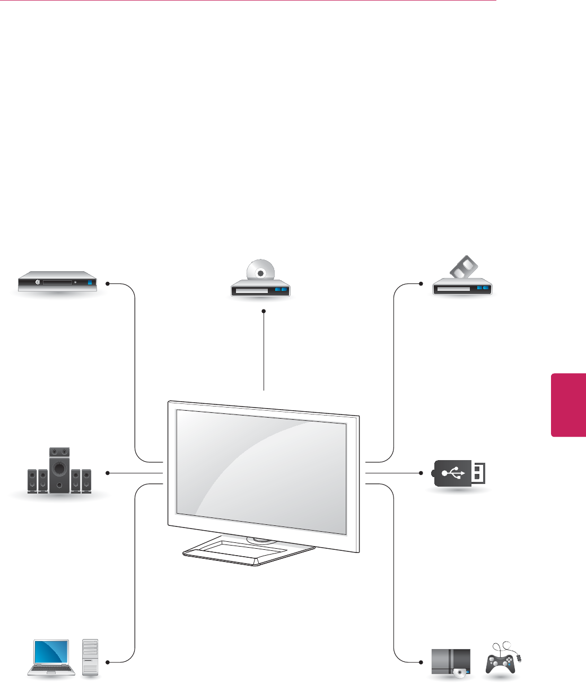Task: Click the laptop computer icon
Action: (51, 658)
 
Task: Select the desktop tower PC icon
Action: (90, 658)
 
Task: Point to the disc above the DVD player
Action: (260, 272)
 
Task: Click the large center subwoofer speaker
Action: (59, 470)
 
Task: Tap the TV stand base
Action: (249, 552)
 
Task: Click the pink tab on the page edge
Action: (568, 405)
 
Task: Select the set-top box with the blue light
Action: (57, 282)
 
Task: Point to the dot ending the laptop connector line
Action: (107, 662)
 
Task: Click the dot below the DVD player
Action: (263, 312)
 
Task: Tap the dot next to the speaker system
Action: (107, 472)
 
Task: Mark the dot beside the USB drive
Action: (421, 472)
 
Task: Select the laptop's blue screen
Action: (51, 652)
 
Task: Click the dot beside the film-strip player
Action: (421, 283)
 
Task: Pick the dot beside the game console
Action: (421, 662)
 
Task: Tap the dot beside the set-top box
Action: (107, 283)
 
